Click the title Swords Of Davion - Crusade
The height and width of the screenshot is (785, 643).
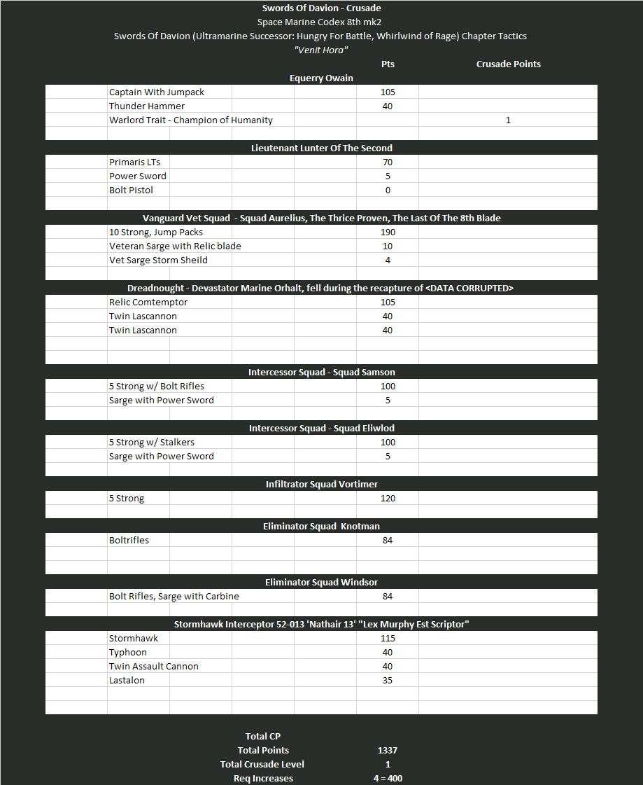pos(321,8)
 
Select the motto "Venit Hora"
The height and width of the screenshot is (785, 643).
pos(321,50)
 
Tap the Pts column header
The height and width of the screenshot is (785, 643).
pos(388,64)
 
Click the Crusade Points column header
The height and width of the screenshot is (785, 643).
pos(508,64)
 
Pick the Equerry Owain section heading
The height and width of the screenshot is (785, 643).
pos(321,78)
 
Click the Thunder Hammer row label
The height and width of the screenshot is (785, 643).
pos(147,106)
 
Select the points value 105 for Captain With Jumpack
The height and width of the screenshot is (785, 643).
pos(388,92)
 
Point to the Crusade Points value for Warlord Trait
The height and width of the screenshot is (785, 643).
pos(508,120)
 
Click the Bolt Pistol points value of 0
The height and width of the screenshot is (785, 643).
pos(388,190)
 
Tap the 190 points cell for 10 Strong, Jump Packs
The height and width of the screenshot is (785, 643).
pos(388,232)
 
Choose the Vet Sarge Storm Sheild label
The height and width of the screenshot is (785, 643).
pos(158,260)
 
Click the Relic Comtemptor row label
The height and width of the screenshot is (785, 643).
pos(148,302)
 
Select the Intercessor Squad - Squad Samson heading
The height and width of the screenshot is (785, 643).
pos(321,372)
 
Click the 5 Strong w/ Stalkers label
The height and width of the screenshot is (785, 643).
pos(152,442)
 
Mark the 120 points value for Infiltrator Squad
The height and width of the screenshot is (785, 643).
pos(388,498)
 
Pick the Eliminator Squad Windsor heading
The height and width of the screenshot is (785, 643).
pos(321,582)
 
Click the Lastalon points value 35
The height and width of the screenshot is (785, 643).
pos(388,680)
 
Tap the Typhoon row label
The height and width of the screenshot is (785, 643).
pos(128,652)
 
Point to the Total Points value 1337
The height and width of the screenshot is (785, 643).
pos(388,750)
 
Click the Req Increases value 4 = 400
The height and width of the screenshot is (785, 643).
pos(388,778)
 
